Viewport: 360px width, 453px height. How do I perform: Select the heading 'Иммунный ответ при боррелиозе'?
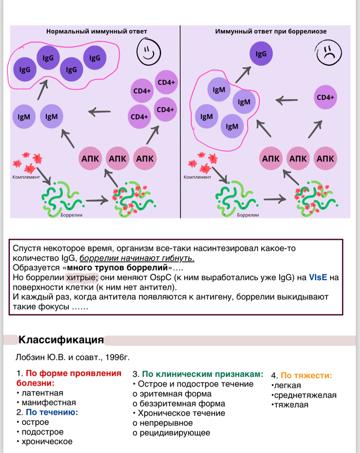pyautogui.click(x=271, y=31)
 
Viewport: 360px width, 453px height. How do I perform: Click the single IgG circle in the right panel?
pyautogui.click(x=261, y=53)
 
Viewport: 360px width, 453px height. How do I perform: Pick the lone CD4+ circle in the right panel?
pyautogui.click(x=325, y=97)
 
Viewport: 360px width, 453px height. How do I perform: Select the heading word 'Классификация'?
pyautogui.click(x=61, y=340)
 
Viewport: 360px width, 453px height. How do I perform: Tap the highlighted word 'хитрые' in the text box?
pyautogui.click(x=80, y=278)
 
